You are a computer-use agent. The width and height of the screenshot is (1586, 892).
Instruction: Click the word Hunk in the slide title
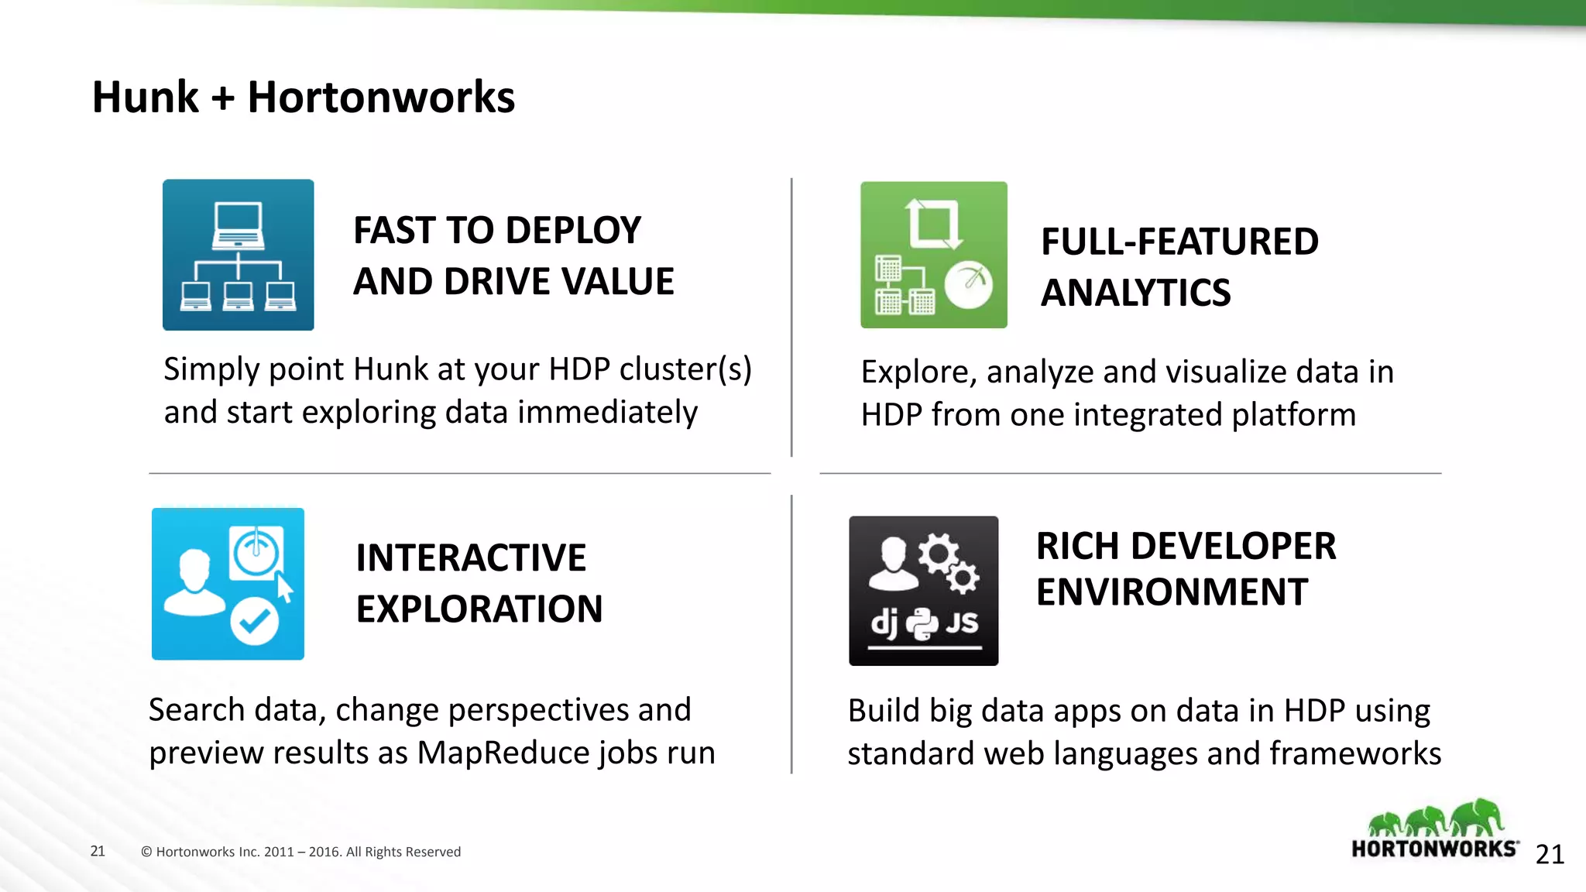click(x=146, y=98)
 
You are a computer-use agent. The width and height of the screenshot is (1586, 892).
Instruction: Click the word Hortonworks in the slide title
click(x=381, y=98)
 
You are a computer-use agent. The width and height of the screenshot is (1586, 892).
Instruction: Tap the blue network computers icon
click(x=238, y=255)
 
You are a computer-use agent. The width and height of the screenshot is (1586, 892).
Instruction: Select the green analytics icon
click(x=933, y=255)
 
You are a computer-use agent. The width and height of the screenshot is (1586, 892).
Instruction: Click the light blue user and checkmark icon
click(x=228, y=584)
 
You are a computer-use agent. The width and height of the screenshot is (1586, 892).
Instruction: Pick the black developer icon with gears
click(x=923, y=590)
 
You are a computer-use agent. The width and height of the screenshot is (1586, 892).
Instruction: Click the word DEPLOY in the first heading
click(x=572, y=231)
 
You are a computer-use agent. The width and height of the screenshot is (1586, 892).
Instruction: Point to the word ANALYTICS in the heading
click(x=1135, y=293)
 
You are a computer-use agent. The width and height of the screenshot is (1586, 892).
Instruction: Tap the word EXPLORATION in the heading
click(x=479, y=609)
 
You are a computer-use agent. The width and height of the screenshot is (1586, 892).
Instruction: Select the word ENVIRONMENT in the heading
click(x=1172, y=592)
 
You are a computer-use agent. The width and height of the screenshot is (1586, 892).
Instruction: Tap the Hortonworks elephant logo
click(x=1435, y=829)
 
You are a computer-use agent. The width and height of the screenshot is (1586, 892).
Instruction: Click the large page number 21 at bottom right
click(x=1550, y=854)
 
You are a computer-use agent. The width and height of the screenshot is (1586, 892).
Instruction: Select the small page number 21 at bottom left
click(x=98, y=851)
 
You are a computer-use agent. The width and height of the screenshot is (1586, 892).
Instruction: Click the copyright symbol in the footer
click(x=146, y=852)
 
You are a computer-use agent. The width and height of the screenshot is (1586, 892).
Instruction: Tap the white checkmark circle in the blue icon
click(x=254, y=621)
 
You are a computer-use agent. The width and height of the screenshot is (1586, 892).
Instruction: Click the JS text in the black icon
click(x=961, y=622)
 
